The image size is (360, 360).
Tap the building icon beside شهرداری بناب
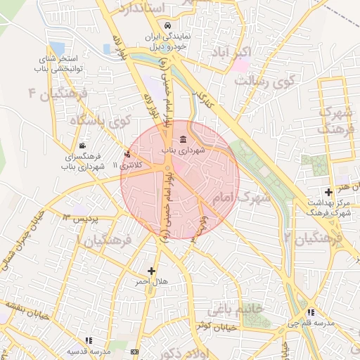coord(183,138)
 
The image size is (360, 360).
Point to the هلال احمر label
coord(153,282)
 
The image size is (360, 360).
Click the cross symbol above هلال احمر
coord(151,270)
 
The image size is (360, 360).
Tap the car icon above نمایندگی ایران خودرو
coord(167,27)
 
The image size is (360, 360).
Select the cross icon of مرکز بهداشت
coord(328,192)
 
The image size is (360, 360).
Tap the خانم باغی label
coord(235,309)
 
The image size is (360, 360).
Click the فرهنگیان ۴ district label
coord(56,94)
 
